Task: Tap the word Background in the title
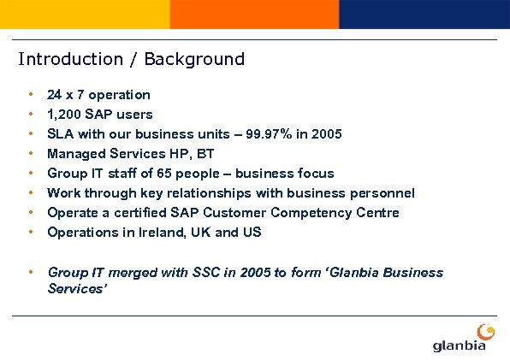tap(194, 59)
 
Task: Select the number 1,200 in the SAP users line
tap(64, 115)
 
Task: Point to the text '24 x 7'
tap(67, 95)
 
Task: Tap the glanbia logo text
tap(459, 345)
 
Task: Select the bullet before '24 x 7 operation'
tap(31, 95)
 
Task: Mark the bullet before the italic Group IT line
tap(31, 273)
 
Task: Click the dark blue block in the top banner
tap(424, 14)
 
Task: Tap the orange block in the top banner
tap(254, 14)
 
